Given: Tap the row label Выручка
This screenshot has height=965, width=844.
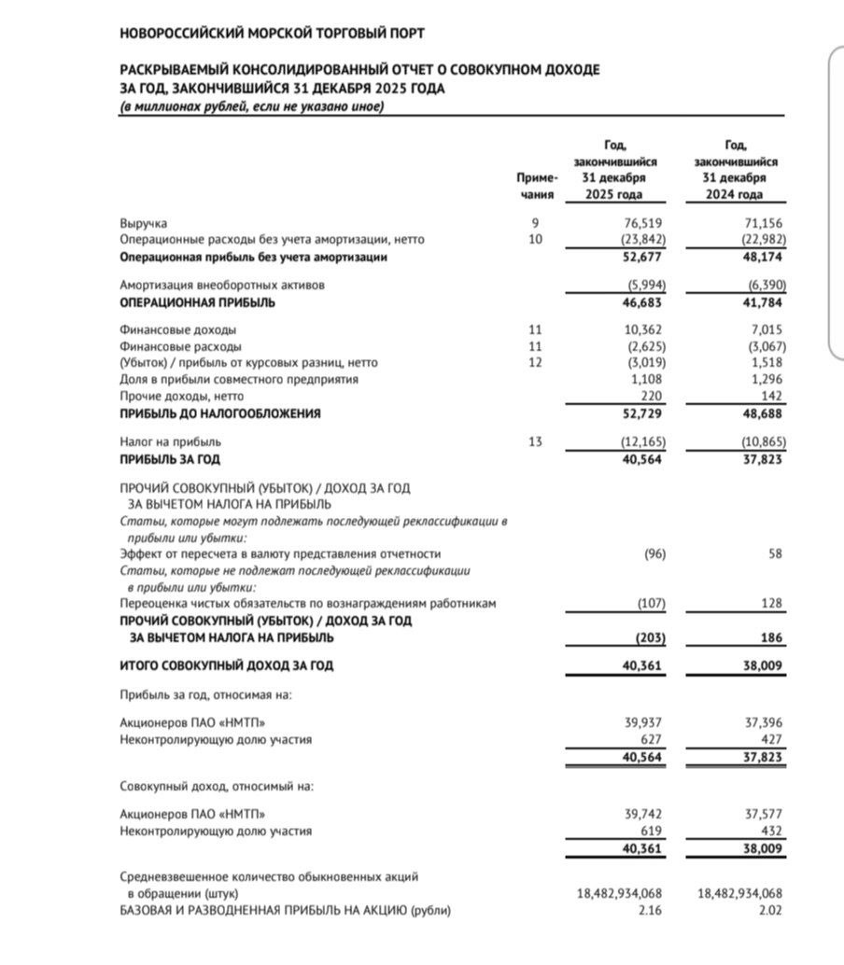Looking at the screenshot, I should pos(144,224).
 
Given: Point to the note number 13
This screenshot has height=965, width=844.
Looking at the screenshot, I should pos(534,441).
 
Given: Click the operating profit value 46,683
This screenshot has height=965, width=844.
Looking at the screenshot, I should pos(644,303).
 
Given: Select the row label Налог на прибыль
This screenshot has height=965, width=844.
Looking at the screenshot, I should pos(171,441).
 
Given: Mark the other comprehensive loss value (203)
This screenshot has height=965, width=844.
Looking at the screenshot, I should pos(649,637).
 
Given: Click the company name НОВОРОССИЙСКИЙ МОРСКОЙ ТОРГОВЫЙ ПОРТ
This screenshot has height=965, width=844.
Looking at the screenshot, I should pos(273,34).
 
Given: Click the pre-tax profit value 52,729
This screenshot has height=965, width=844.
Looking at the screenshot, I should pos(644,413).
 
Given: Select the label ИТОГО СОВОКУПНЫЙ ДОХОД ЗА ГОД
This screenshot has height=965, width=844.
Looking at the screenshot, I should pos(227,665).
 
